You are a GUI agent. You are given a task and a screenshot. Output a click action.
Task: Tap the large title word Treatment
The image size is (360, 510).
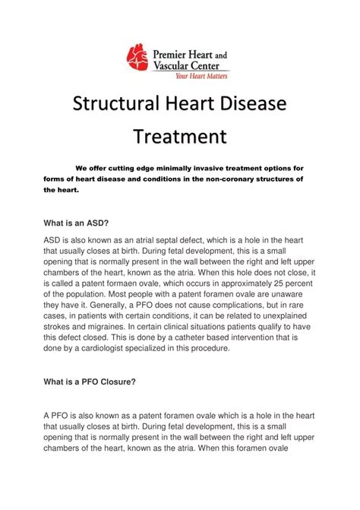click(180, 137)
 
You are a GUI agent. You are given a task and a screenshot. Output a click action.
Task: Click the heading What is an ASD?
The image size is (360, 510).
click(76, 223)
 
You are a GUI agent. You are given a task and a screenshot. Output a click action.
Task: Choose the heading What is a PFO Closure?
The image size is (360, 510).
click(90, 382)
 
